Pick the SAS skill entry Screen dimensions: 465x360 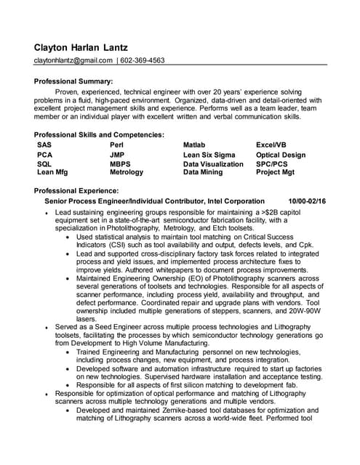point(44,145)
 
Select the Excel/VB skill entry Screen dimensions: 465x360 point(271,145)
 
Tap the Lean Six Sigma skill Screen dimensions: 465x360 point(209,155)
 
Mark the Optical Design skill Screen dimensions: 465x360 point(281,155)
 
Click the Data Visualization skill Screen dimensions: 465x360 point(213,164)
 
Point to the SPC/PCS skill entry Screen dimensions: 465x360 point(273,164)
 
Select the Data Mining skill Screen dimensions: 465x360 point(202,172)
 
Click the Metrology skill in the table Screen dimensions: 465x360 point(127,172)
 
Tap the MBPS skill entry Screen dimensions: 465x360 point(120,164)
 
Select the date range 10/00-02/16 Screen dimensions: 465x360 point(307,201)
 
